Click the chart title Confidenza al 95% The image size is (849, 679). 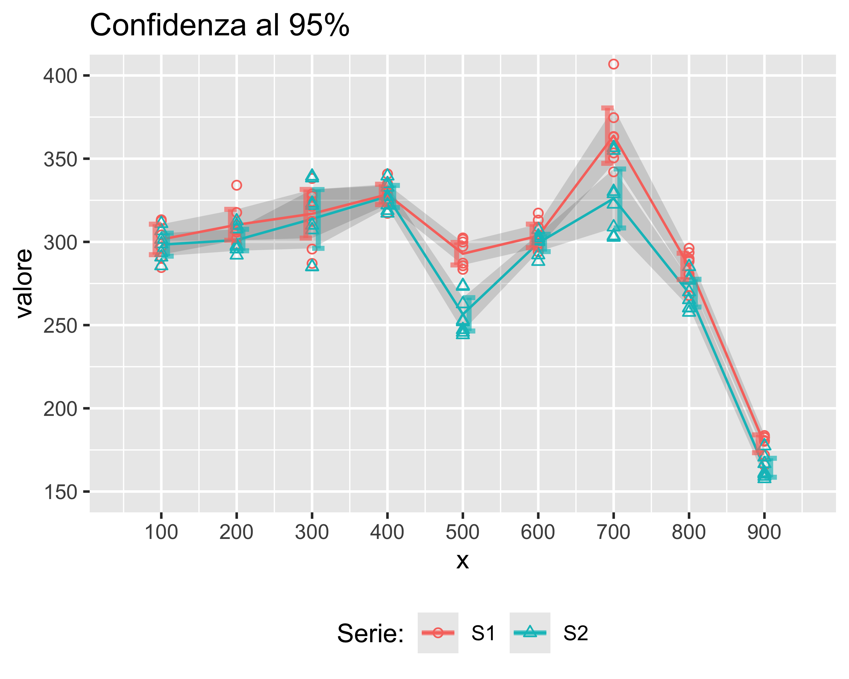click(x=219, y=25)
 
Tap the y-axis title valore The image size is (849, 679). click(x=24, y=283)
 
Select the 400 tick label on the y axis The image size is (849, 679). click(x=60, y=76)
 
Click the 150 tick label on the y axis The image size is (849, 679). click(x=60, y=492)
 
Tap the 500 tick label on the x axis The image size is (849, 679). click(x=462, y=532)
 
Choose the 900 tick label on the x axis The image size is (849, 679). click(x=764, y=532)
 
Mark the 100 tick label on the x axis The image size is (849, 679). click(x=161, y=532)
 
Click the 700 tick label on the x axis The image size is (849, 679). click(x=613, y=532)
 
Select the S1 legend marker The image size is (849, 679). click(x=438, y=633)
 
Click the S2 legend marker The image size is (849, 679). click(x=530, y=633)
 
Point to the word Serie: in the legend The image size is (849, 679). click(x=370, y=633)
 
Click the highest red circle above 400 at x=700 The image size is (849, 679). click(x=613, y=64)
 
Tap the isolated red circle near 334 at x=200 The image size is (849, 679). click(x=236, y=185)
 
